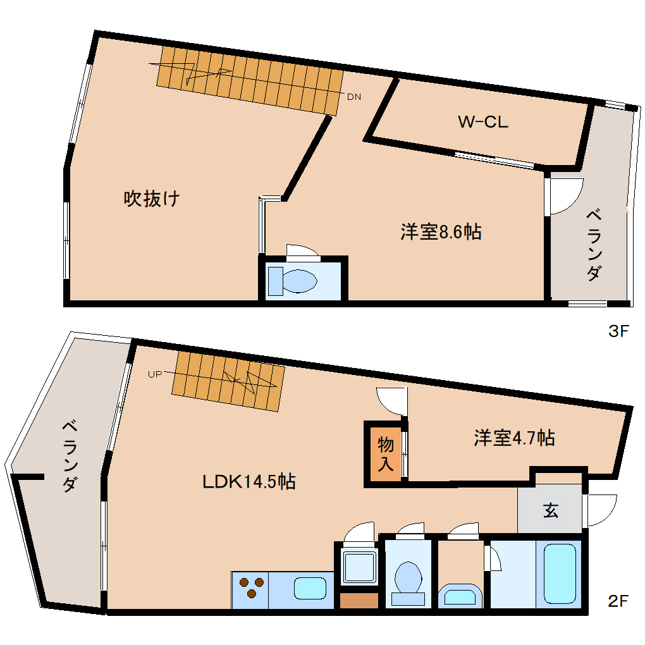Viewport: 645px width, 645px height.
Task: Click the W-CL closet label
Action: click(482, 123)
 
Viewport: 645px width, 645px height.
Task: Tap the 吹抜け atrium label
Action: click(152, 199)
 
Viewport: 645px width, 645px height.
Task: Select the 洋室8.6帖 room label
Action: click(441, 232)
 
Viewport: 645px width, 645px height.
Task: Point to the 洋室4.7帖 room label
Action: click(514, 438)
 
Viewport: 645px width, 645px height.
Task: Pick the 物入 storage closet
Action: click(386, 454)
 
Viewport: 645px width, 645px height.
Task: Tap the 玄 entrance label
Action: click(551, 510)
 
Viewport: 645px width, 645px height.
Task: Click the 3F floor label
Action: click(618, 331)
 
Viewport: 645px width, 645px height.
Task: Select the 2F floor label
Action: click(618, 601)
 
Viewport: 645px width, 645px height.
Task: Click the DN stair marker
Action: click(354, 97)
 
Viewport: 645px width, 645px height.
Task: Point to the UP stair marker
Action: click(154, 374)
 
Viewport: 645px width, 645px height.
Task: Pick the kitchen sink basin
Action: click(310, 589)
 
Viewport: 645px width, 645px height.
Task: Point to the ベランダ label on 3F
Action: click(594, 244)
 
